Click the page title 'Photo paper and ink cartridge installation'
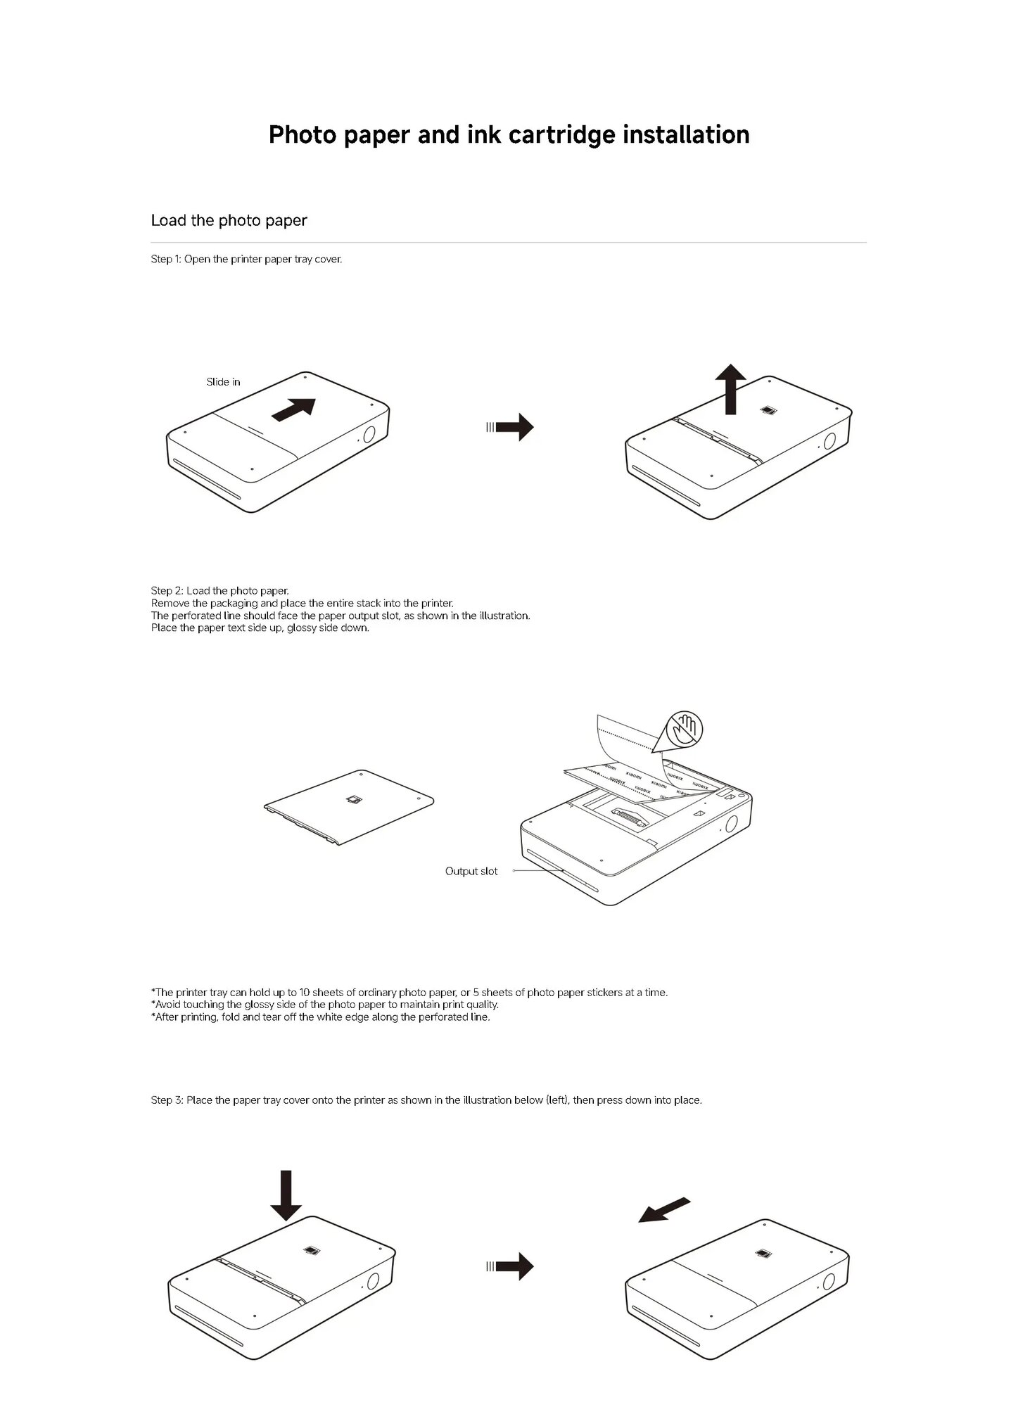pyautogui.click(x=509, y=134)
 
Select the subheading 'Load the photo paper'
pyautogui.click(x=229, y=220)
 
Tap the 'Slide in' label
pyautogui.click(x=223, y=382)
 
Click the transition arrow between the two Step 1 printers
pyautogui.click(x=511, y=426)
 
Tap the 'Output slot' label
pyautogui.click(x=471, y=871)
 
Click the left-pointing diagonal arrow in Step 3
pyautogui.click(x=664, y=1210)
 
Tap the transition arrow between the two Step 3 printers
pyautogui.click(x=511, y=1266)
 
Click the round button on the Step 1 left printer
pyautogui.click(x=370, y=434)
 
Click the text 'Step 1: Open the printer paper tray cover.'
pyautogui.click(x=246, y=259)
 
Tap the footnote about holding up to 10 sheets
pyautogui.click(x=409, y=993)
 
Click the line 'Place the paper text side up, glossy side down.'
pyautogui.click(x=260, y=628)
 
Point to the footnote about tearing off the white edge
pyautogui.click(x=320, y=1017)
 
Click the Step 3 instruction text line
pyautogui.click(x=426, y=1100)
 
